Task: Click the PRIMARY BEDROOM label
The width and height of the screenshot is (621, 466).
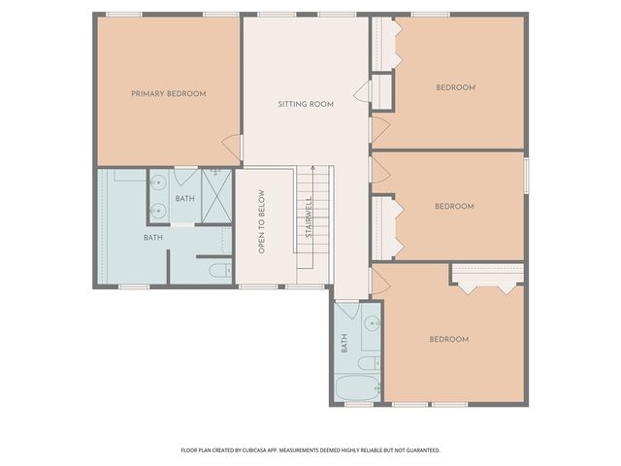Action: (x=169, y=94)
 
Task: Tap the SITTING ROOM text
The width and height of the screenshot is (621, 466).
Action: (x=306, y=104)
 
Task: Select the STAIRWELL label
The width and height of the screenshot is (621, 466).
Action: (x=309, y=217)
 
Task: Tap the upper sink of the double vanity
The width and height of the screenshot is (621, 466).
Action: (x=158, y=183)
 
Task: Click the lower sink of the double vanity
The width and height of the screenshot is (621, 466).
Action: (x=158, y=210)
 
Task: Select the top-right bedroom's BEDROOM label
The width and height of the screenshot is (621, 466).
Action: (x=455, y=87)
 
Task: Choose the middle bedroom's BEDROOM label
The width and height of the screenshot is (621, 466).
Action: (x=453, y=206)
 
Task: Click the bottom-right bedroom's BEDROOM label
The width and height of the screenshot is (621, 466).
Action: (x=448, y=339)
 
